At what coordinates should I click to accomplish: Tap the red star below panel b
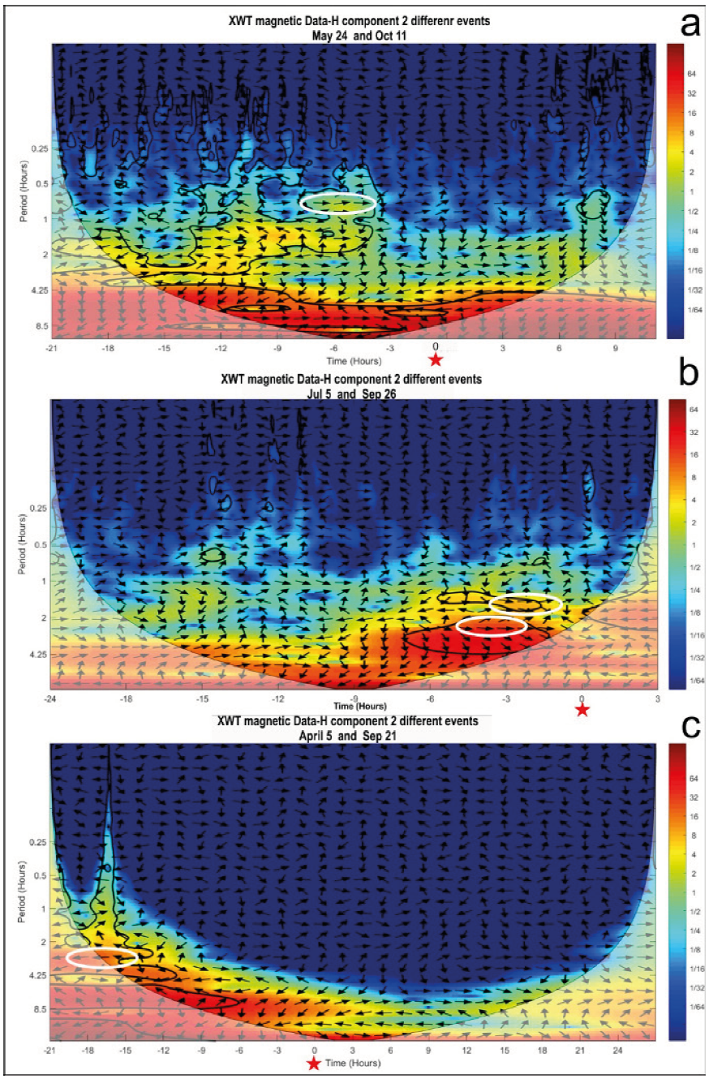click(582, 711)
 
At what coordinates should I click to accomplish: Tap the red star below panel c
click(314, 1064)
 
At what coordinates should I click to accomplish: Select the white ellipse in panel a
click(338, 203)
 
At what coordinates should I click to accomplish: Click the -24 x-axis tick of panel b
click(51, 699)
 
